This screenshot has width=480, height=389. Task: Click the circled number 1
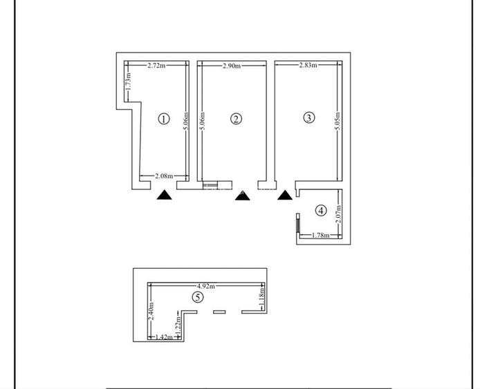(x=164, y=119)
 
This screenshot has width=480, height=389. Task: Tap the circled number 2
(x=236, y=119)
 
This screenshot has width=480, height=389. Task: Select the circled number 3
(x=308, y=117)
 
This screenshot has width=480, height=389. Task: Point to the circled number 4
(x=321, y=211)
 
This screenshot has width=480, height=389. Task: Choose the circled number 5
(x=197, y=297)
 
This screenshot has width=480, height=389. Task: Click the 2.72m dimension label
(x=156, y=65)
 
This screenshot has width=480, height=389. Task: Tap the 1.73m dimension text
(x=129, y=81)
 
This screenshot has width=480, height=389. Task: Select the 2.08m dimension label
(x=164, y=176)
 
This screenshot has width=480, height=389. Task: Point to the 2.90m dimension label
(x=232, y=66)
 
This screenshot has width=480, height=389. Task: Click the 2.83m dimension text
(x=308, y=65)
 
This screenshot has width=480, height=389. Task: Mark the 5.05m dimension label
(x=338, y=121)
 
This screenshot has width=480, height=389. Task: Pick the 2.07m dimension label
(x=338, y=214)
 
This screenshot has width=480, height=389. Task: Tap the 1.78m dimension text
(x=320, y=235)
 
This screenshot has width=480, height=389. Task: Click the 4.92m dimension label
(x=206, y=286)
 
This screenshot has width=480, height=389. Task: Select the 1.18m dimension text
(x=262, y=296)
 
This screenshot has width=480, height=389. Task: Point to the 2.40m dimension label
(x=151, y=311)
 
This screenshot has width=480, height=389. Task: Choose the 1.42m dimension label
(x=165, y=337)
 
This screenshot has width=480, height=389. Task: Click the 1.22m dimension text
(x=179, y=325)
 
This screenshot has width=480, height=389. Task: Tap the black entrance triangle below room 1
(x=165, y=195)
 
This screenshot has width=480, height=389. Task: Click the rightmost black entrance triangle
(x=285, y=195)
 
